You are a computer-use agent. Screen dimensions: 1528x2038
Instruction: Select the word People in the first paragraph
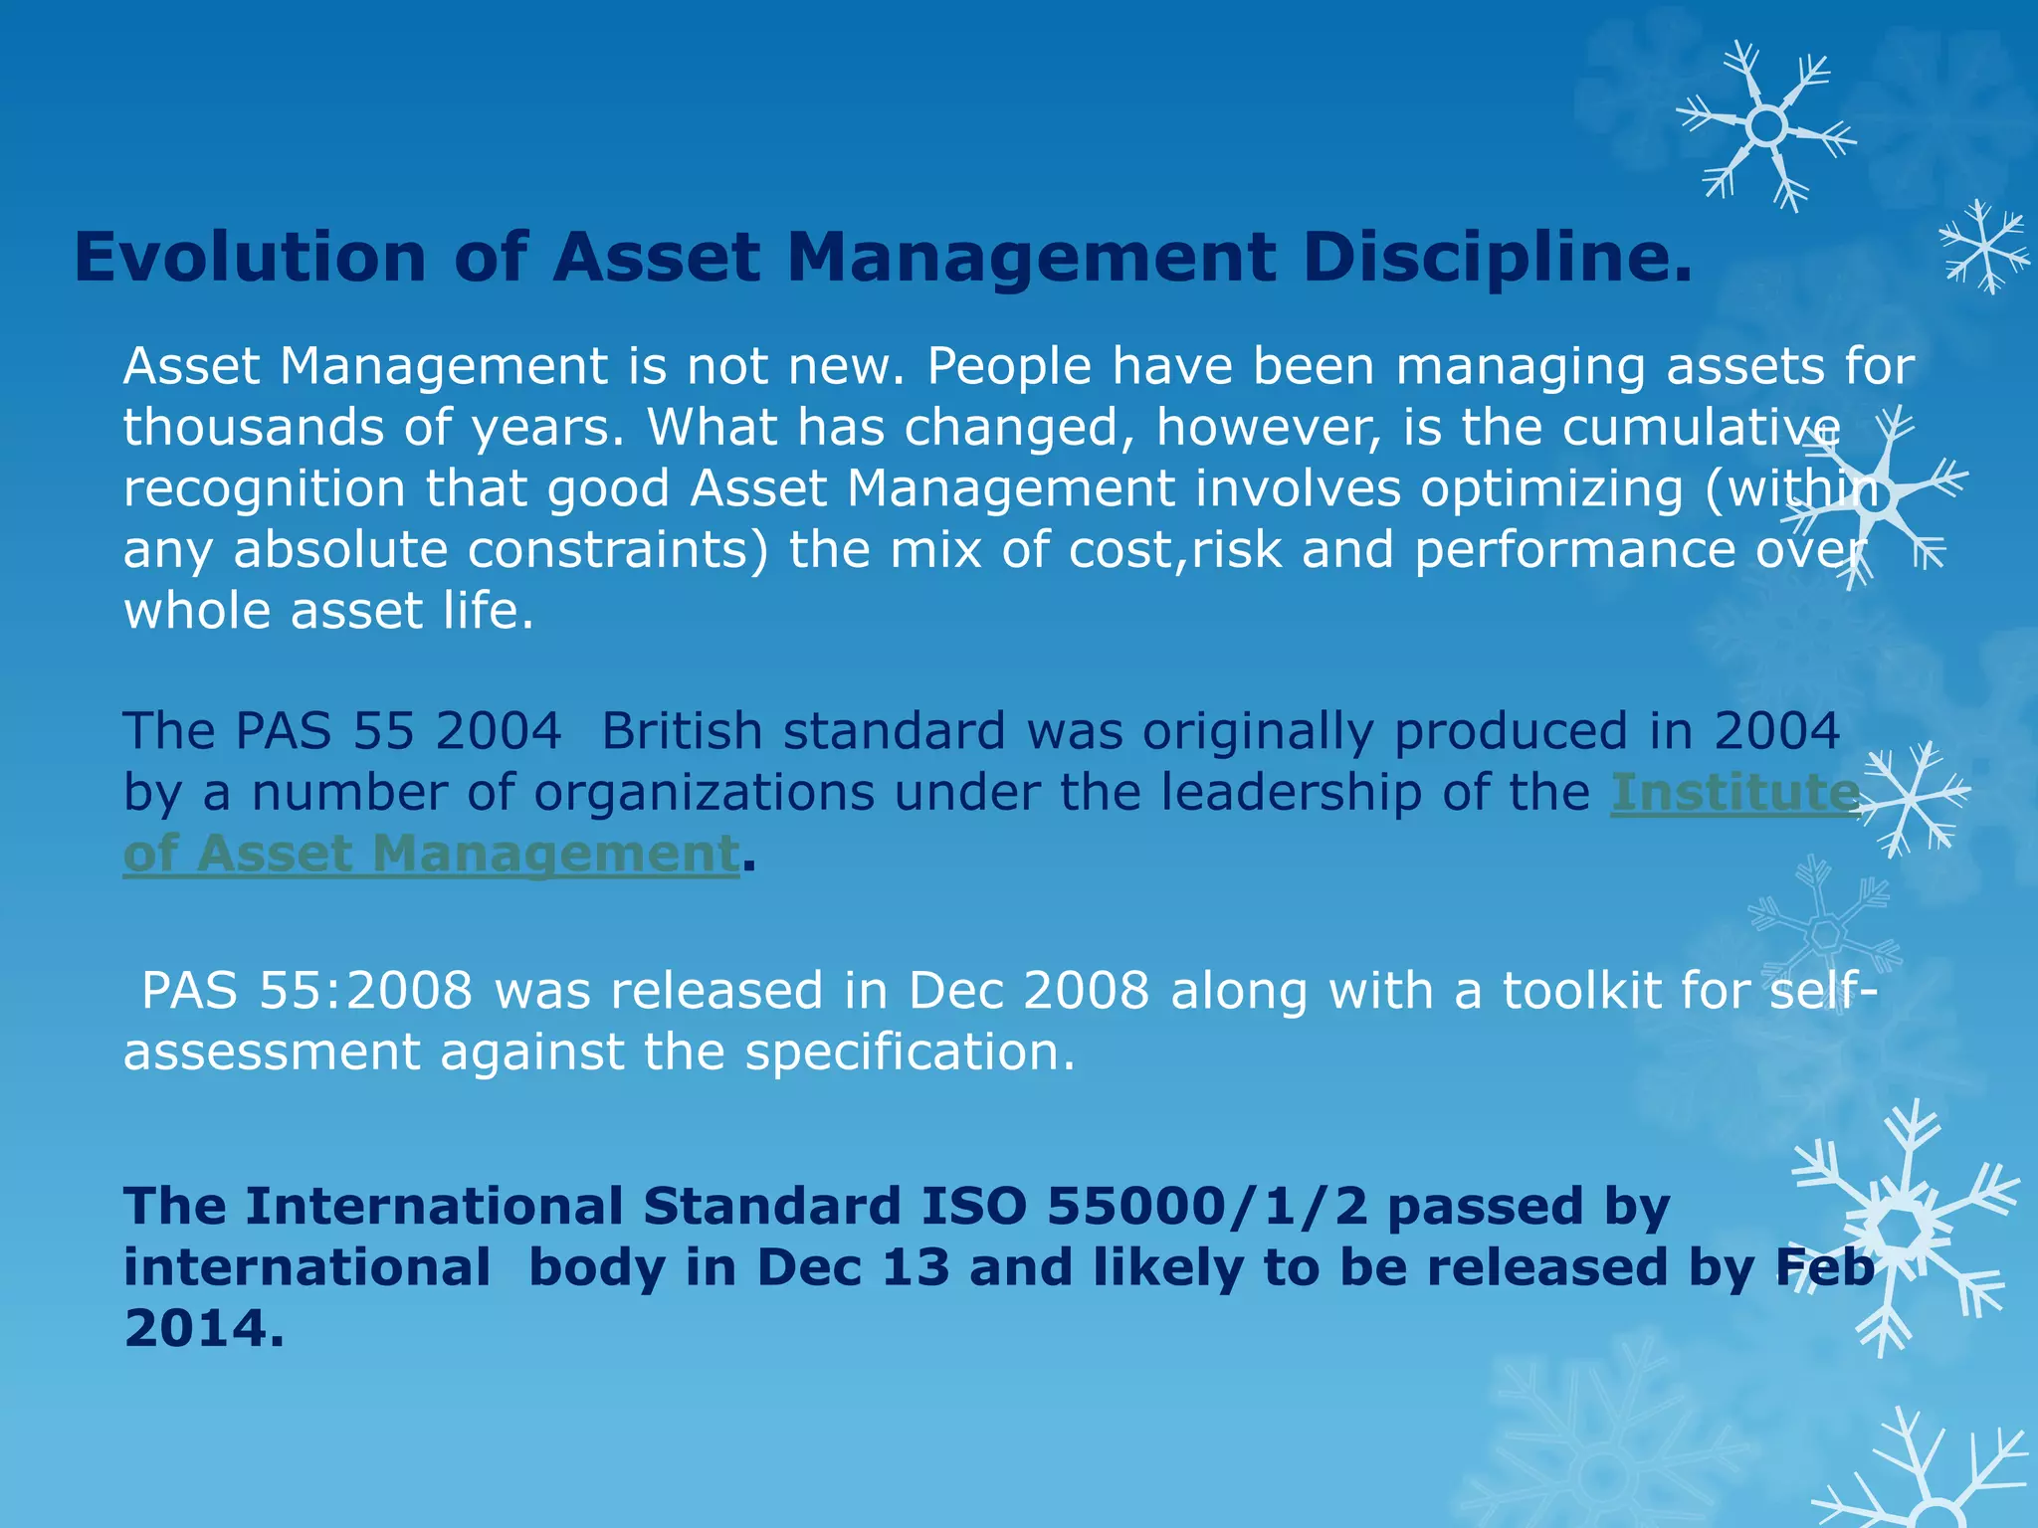tap(1009, 366)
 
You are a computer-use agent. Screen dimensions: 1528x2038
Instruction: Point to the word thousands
tap(253, 427)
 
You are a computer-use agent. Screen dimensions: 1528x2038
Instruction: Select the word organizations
tap(705, 793)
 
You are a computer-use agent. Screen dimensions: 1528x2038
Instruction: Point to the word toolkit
tap(1580, 991)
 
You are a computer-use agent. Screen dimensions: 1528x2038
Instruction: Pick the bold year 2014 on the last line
tap(203, 1329)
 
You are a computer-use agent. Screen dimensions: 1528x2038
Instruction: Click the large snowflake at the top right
tap(1766, 126)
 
